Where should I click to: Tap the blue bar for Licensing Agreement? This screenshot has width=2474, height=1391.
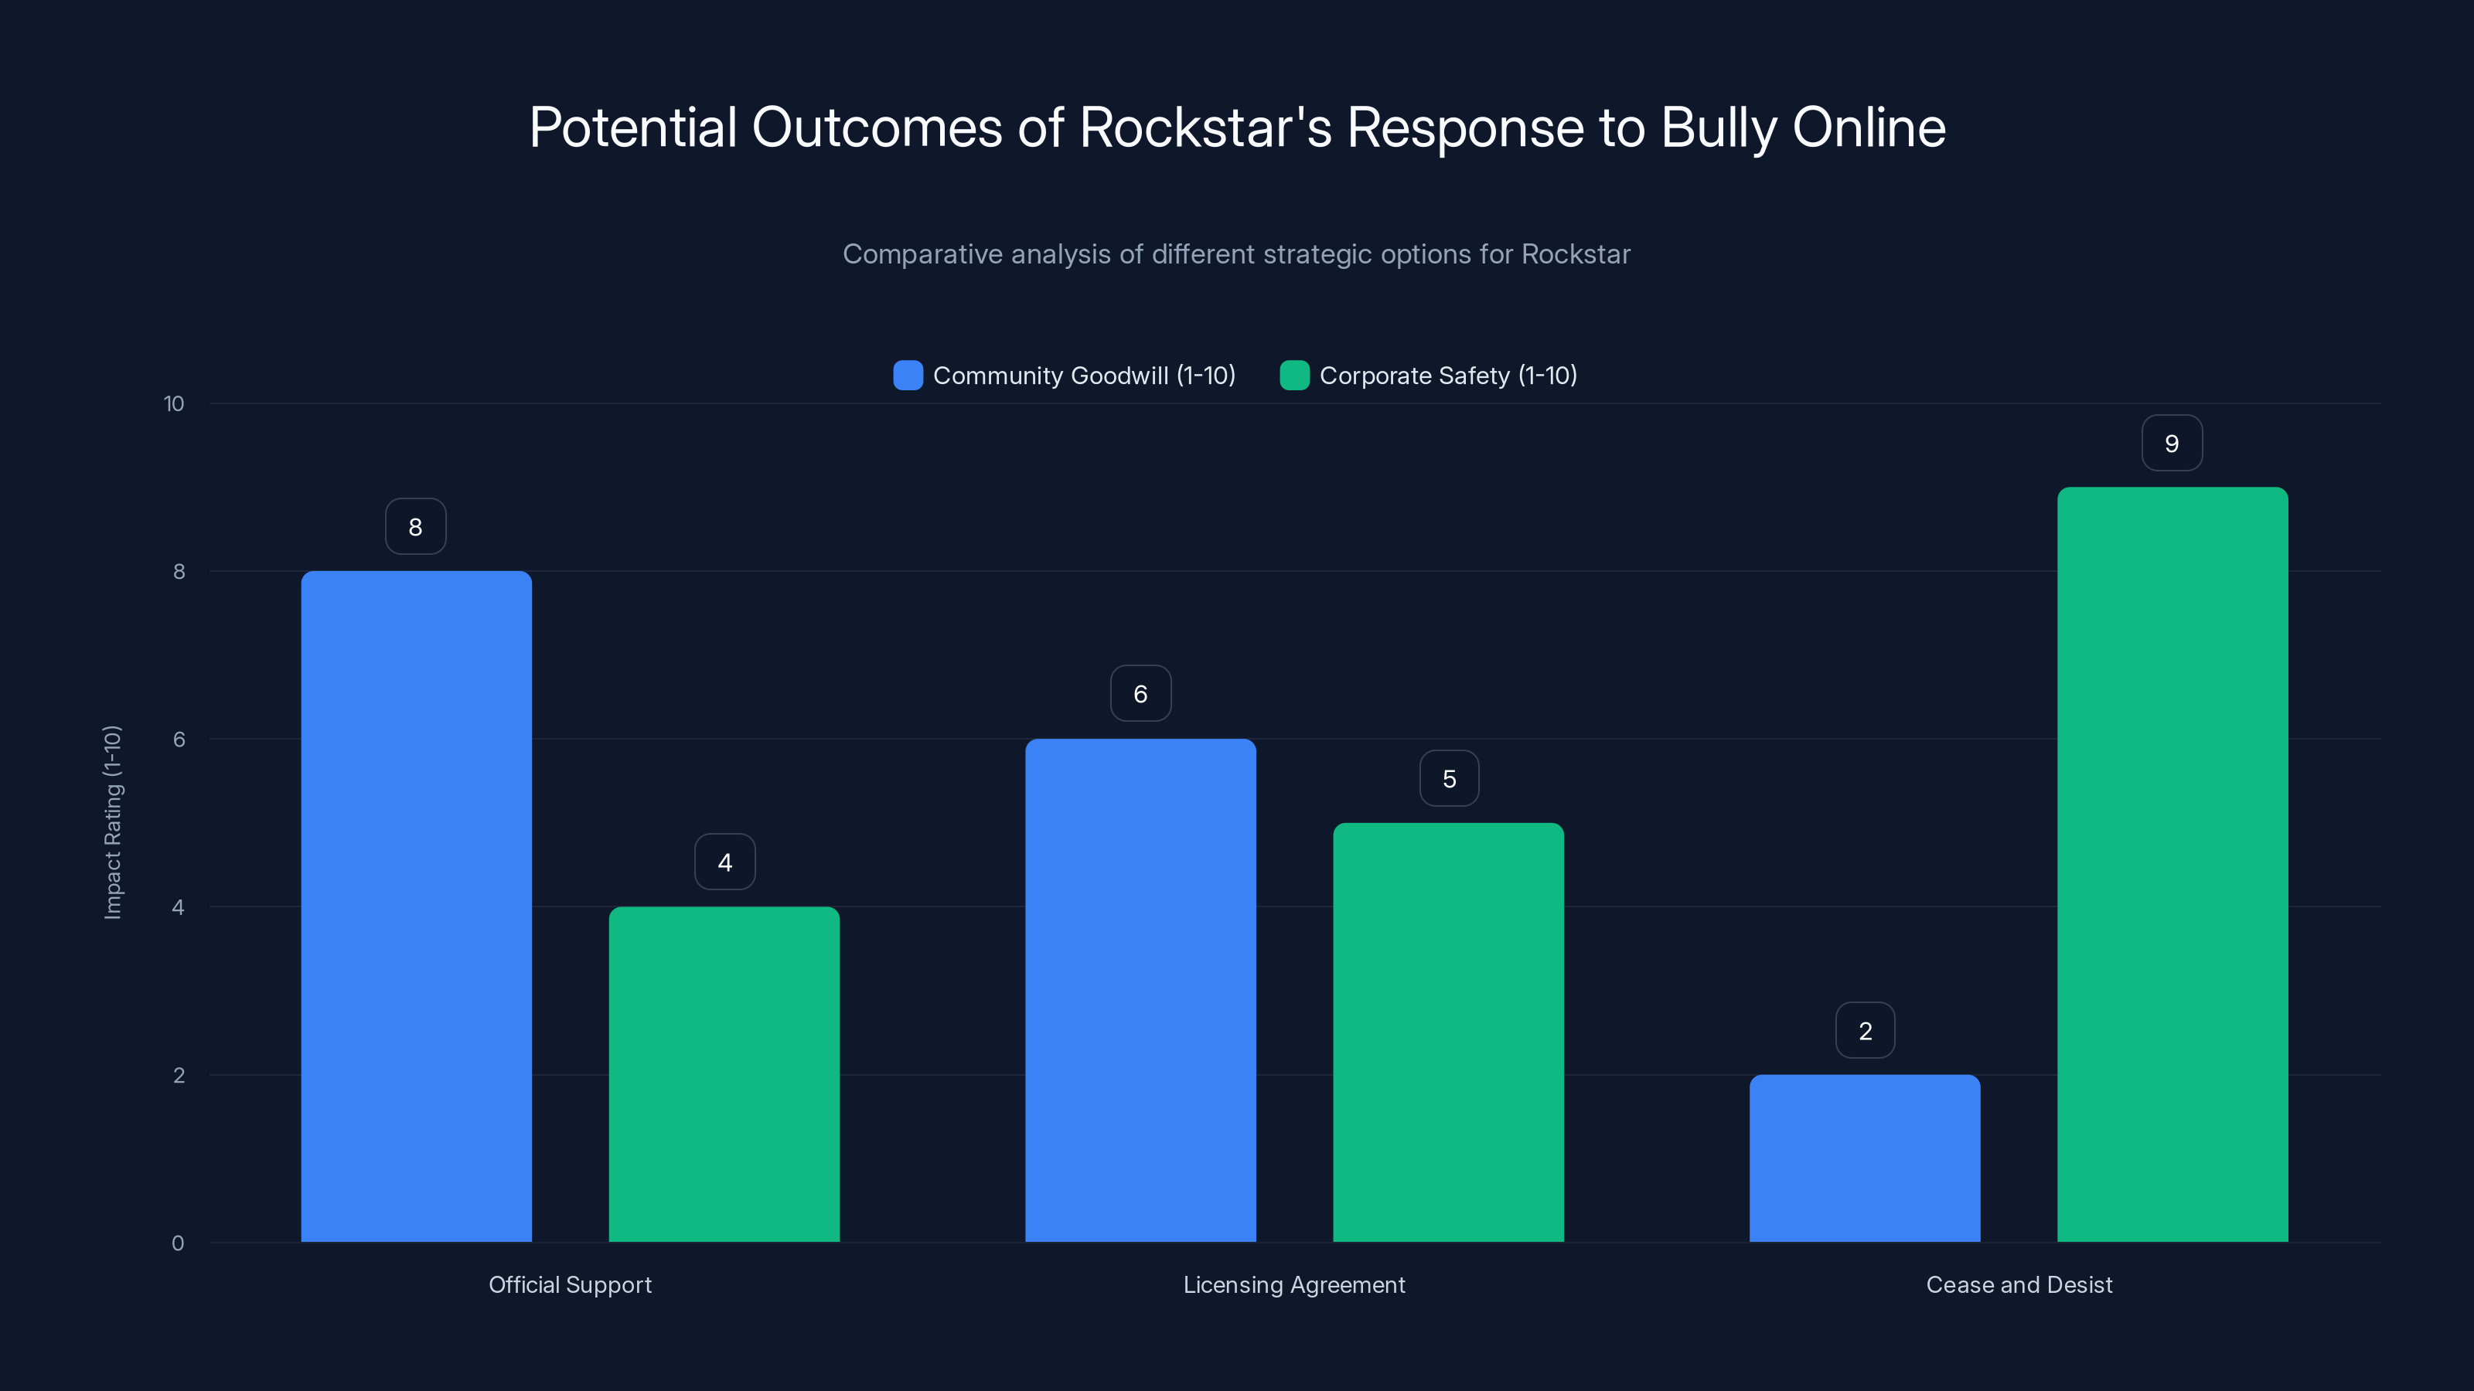[x=1140, y=990]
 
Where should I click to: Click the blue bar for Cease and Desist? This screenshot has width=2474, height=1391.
[x=1864, y=1158]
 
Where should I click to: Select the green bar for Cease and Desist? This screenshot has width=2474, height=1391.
[x=2172, y=864]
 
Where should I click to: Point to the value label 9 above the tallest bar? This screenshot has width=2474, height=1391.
[x=2172, y=444]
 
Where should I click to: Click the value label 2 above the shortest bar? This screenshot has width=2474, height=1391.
[x=1865, y=1031]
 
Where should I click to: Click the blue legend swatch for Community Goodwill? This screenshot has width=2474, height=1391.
[x=908, y=376]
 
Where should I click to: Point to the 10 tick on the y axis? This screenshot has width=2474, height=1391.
[x=174, y=404]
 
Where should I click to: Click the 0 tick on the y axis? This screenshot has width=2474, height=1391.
[x=178, y=1243]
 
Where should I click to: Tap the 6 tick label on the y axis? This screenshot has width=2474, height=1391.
[x=179, y=740]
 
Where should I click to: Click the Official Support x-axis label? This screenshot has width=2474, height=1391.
[x=570, y=1284]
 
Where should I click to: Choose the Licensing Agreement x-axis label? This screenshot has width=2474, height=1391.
[x=1293, y=1284]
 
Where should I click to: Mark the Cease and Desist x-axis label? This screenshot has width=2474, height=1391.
[x=2019, y=1284]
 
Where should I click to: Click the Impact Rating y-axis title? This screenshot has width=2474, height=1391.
[x=112, y=823]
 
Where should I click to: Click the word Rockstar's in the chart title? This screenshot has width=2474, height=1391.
[x=1205, y=128]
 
